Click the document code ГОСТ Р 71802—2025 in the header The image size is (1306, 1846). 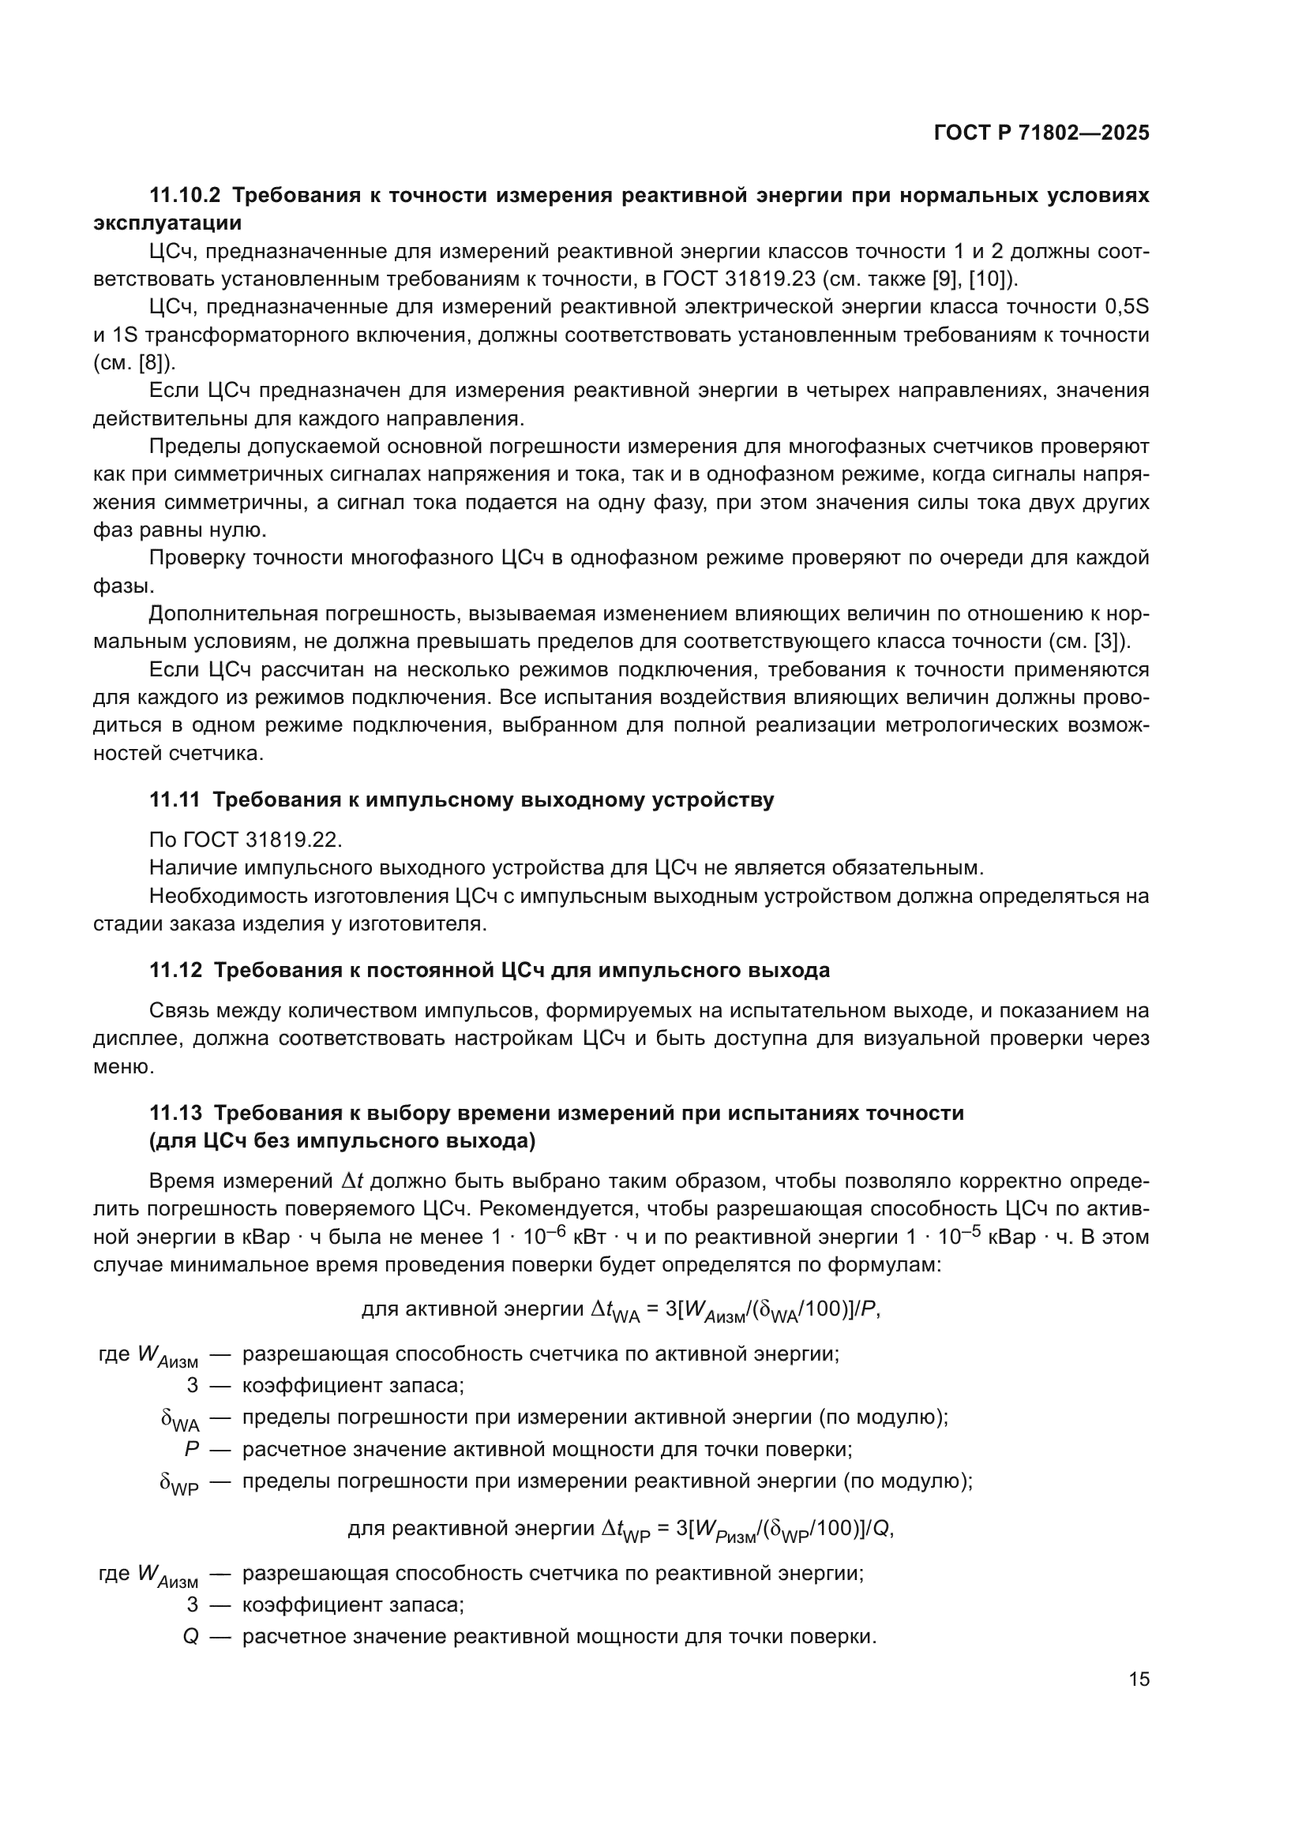[1041, 133]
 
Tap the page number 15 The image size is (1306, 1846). [1139, 1679]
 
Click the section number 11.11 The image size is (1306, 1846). [175, 800]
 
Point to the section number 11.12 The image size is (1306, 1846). [175, 971]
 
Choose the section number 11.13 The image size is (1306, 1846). [175, 1113]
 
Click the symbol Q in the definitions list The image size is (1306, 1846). [190, 1636]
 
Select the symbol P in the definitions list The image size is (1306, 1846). [191, 1450]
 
